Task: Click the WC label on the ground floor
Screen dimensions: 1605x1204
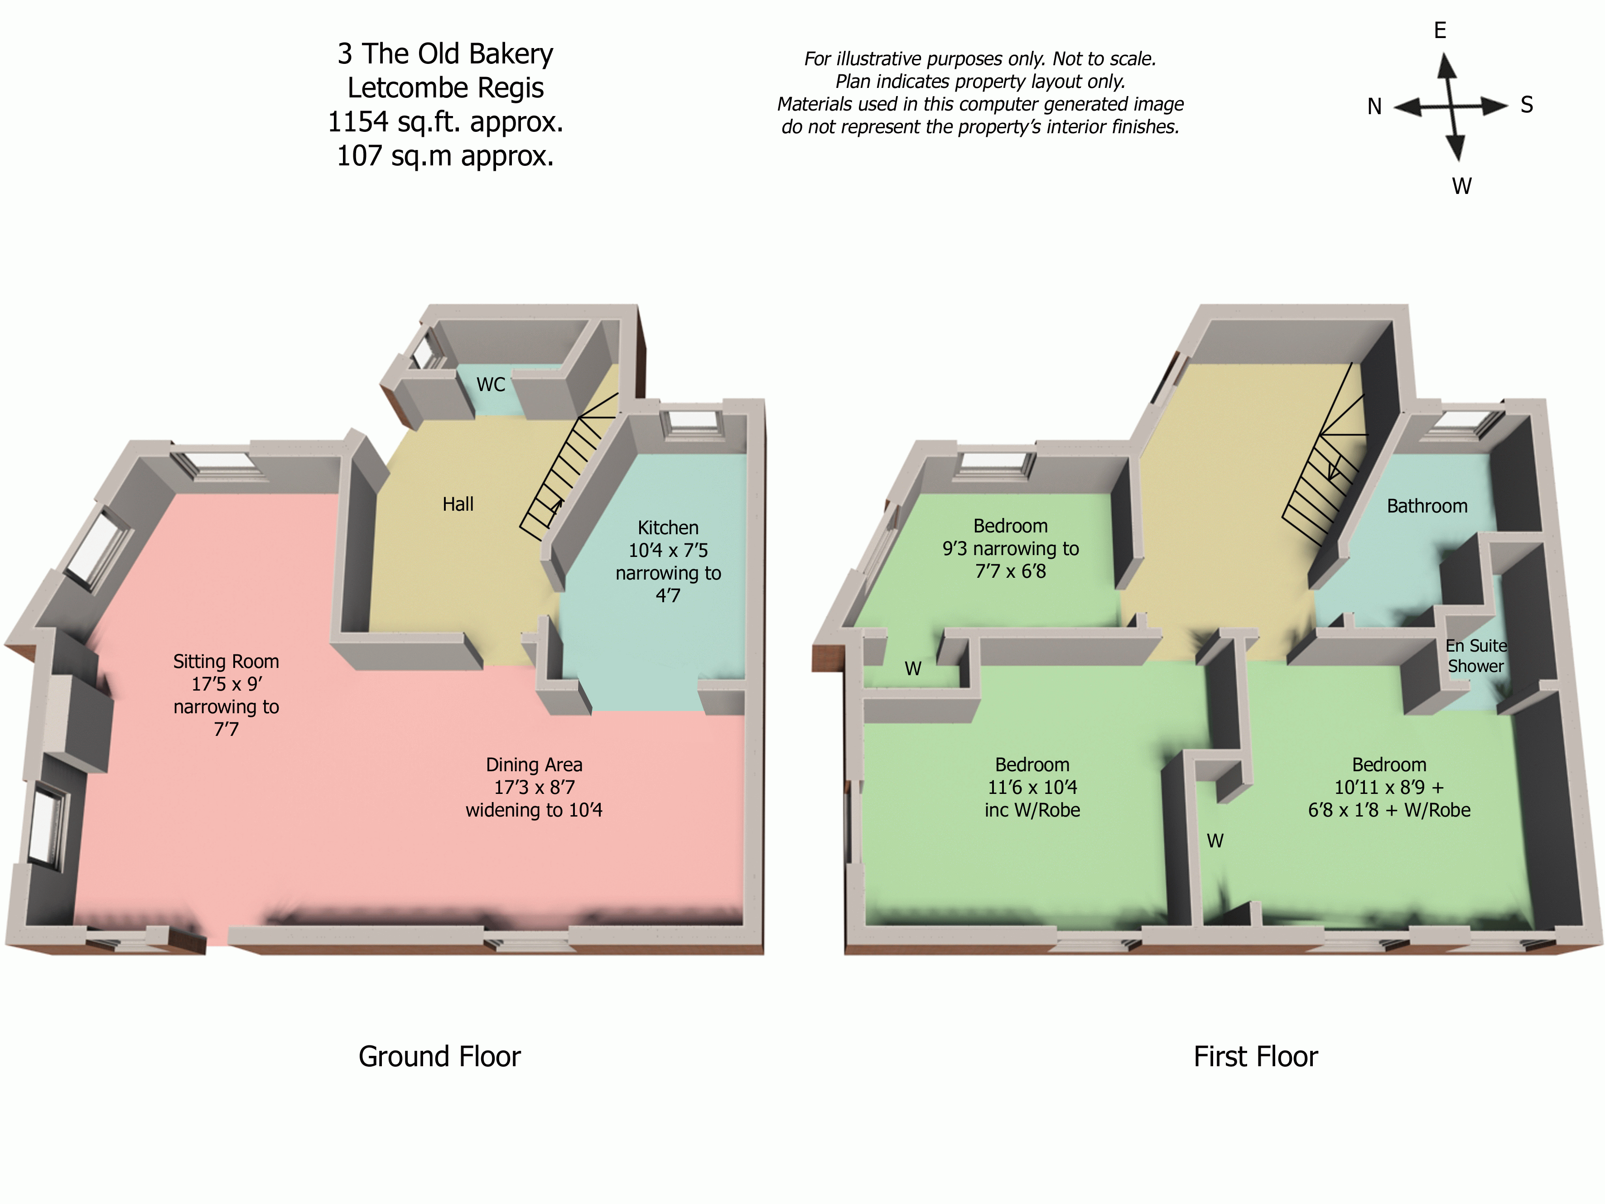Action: (x=491, y=385)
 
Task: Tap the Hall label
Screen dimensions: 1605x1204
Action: (x=458, y=504)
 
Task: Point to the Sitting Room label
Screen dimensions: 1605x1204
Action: (x=226, y=662)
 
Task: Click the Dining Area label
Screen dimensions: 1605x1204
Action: (x=534, y=765)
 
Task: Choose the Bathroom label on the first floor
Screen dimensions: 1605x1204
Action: (x=1427, y=507)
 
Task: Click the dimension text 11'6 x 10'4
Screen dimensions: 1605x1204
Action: (x=1032, y=788)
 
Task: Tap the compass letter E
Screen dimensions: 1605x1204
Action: (x=1440, y=30)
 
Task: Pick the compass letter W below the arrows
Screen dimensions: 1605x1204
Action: (x=1461, y=187)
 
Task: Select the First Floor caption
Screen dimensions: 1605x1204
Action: (x=1255, y=1057)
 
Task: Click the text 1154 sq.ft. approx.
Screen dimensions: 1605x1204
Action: (x=445, y=122)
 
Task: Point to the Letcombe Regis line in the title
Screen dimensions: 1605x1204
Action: (x=445, y=88)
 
